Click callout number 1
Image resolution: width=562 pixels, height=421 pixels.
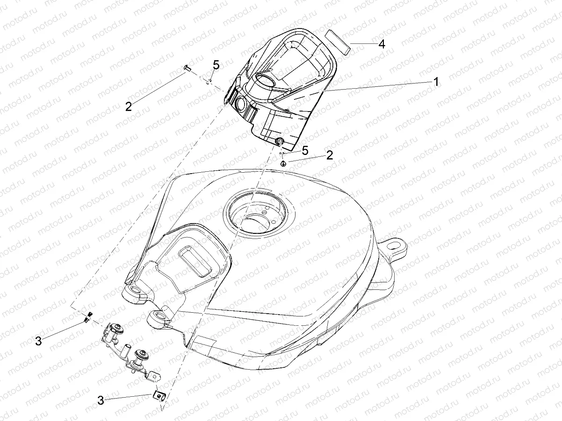point(436,83)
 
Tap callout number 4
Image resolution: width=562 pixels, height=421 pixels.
point(382,44)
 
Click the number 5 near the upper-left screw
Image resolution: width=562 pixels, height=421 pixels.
point(216,65)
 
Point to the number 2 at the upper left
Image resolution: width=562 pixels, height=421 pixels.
point(129,106)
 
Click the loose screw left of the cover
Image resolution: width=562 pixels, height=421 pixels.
point(187,68)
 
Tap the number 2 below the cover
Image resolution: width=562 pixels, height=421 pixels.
point(330,155)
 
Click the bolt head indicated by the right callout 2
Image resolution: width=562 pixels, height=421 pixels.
point(283,163)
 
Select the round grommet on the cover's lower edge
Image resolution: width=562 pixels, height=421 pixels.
point(279,142)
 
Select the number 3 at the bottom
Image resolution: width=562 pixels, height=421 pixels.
point(101,400)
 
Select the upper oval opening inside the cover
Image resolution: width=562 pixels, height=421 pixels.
point(267,81)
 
